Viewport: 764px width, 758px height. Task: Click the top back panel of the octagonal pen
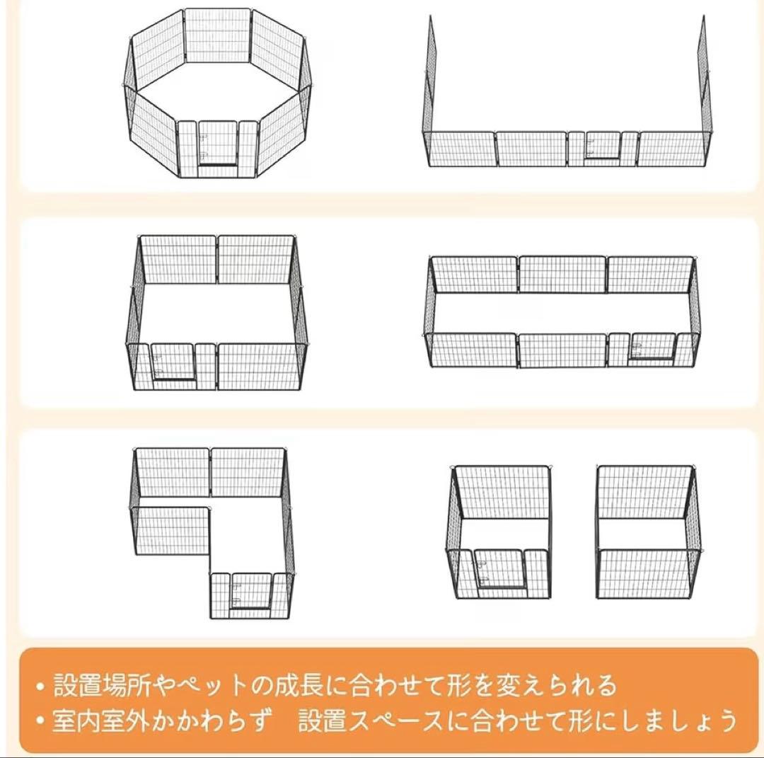(217, 35)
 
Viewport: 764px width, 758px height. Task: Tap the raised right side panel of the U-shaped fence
(702, 78)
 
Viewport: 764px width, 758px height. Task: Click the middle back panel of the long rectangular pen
(562, 275)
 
